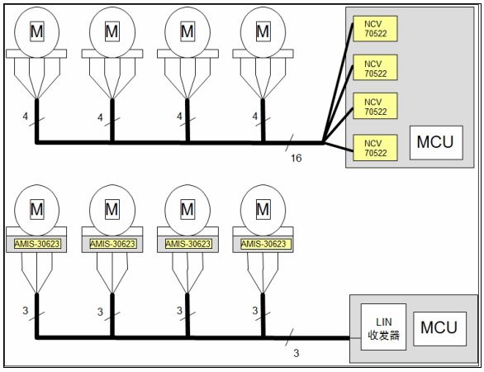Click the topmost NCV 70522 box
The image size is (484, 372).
[x=375, y=29]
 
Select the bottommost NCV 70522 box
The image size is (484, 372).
[x=375, y=148]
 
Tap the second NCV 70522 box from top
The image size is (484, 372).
[x=375, y=68]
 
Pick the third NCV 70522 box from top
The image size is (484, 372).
[x=375, y=106]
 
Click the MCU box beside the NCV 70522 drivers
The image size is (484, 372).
[x=436, y=142]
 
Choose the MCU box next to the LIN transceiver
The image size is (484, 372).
[x=439, y=328]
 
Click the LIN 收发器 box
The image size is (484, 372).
[x=383, y=327]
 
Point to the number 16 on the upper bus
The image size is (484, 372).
[x=296, y=158]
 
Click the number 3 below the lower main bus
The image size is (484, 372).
[x=297, y=353]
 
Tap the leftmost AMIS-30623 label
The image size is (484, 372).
[x=36, y=244]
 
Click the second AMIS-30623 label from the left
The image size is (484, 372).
[x=112, y=244]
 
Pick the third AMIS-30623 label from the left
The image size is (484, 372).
[x=188, y=244]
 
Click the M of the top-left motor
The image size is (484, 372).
[x=36, y=31]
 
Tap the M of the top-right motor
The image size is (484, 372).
[x=263, y=31]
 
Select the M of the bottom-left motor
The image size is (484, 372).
[x=36, y=209]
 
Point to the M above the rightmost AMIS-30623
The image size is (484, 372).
[x=263, y=209]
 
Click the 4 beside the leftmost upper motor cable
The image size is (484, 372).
[x=26, y=117]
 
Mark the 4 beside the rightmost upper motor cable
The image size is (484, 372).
[x=255, y=117]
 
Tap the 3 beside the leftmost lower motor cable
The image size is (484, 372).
[x=26, y=311]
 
